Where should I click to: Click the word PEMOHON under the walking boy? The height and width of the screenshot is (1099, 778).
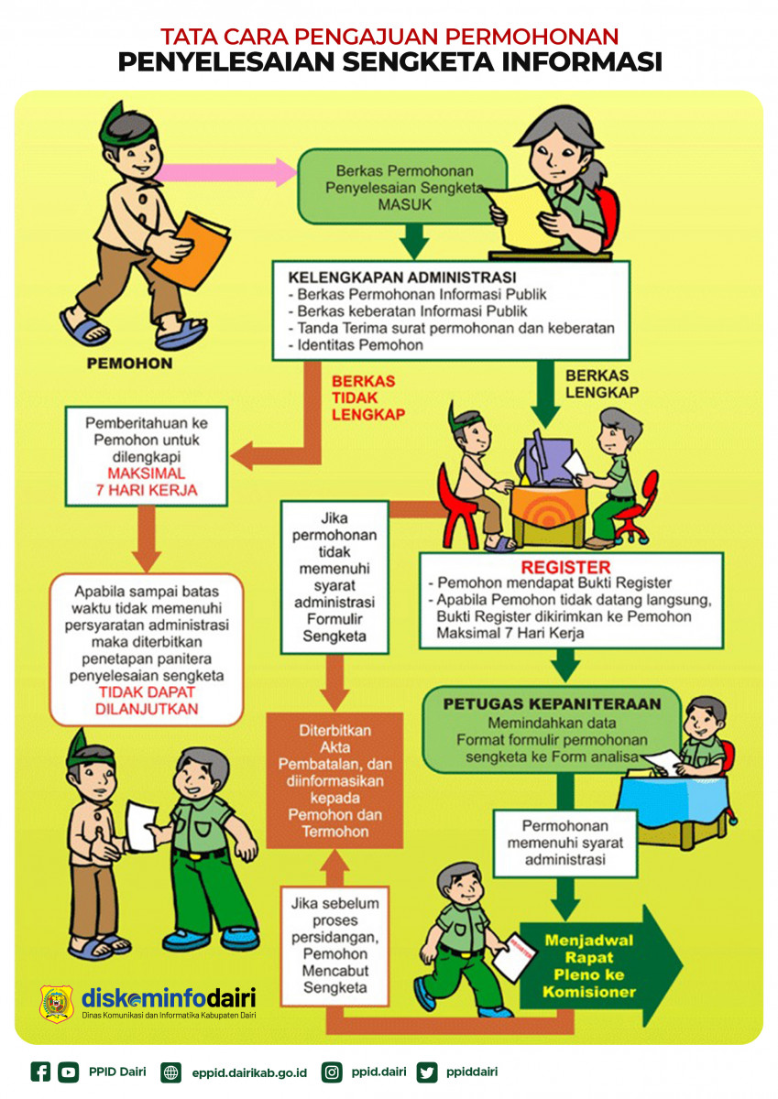[x=129, y=364]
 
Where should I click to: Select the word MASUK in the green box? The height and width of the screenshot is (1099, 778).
[x=404, y=204]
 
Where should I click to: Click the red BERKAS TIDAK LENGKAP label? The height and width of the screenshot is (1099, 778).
[x=363, y=397]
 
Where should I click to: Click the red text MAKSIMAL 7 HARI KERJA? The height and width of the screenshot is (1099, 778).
[x=147, y=482]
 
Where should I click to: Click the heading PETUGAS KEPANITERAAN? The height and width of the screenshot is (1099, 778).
[x=552, y=704]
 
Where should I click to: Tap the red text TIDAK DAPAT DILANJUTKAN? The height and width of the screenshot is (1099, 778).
[x=147, y=701]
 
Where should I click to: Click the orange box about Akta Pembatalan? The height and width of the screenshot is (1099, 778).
[x=334, y=781]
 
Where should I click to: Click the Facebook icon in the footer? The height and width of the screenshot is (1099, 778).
[x=40, y=1072]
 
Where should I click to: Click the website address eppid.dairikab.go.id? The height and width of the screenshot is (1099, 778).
[x=249, y=1072]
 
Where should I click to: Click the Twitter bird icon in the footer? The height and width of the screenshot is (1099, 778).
[x=426, y=1072]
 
